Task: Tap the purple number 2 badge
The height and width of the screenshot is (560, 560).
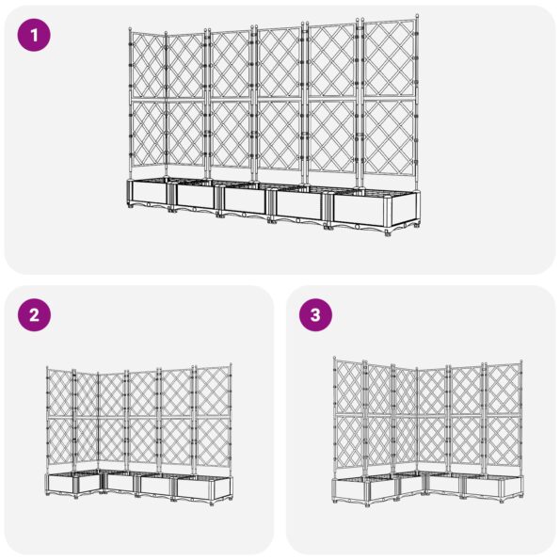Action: click(34, 316)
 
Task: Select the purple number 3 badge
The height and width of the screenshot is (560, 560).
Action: click(316, 316)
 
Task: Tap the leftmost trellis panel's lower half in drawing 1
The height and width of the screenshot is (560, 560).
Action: click(146, 136)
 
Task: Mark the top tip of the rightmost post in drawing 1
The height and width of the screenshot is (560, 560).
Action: click(414, 17)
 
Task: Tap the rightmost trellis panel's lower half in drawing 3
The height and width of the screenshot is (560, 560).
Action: click(504, 442)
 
